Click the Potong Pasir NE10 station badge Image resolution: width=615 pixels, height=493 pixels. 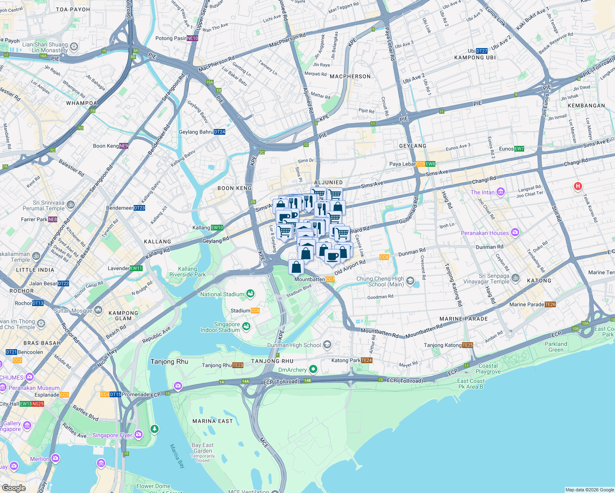click(192, 38)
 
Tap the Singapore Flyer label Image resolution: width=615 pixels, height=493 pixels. click(112, 435)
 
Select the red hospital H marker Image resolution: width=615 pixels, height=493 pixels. click(578, 187)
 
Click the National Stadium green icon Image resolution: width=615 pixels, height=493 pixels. click(250, 294)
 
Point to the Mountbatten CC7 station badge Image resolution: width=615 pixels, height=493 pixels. click(330, 279)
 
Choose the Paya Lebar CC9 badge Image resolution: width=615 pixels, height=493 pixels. click(421, 164)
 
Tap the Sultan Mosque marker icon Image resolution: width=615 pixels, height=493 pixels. click(98, 310)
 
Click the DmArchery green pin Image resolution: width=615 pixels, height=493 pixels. click(313, 369)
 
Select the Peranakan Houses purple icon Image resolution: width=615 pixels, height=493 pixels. click(515, 233)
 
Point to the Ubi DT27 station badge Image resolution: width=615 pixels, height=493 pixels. click(482, 51)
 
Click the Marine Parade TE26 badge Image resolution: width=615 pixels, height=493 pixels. click(550, 304)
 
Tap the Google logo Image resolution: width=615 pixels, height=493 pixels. click(14, 488)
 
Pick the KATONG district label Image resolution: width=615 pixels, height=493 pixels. click(539, 281)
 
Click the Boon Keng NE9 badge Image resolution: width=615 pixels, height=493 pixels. click(124, 146)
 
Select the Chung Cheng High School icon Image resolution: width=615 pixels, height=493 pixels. click(410, 281)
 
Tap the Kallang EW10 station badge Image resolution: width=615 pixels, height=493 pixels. click(217, 228)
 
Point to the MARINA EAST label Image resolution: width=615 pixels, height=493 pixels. click(213, 421)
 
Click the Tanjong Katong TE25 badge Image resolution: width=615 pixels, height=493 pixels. click(468, 345)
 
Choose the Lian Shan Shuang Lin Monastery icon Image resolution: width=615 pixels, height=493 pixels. click(74, 47)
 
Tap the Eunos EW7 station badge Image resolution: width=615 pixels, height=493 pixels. click(519, 149)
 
